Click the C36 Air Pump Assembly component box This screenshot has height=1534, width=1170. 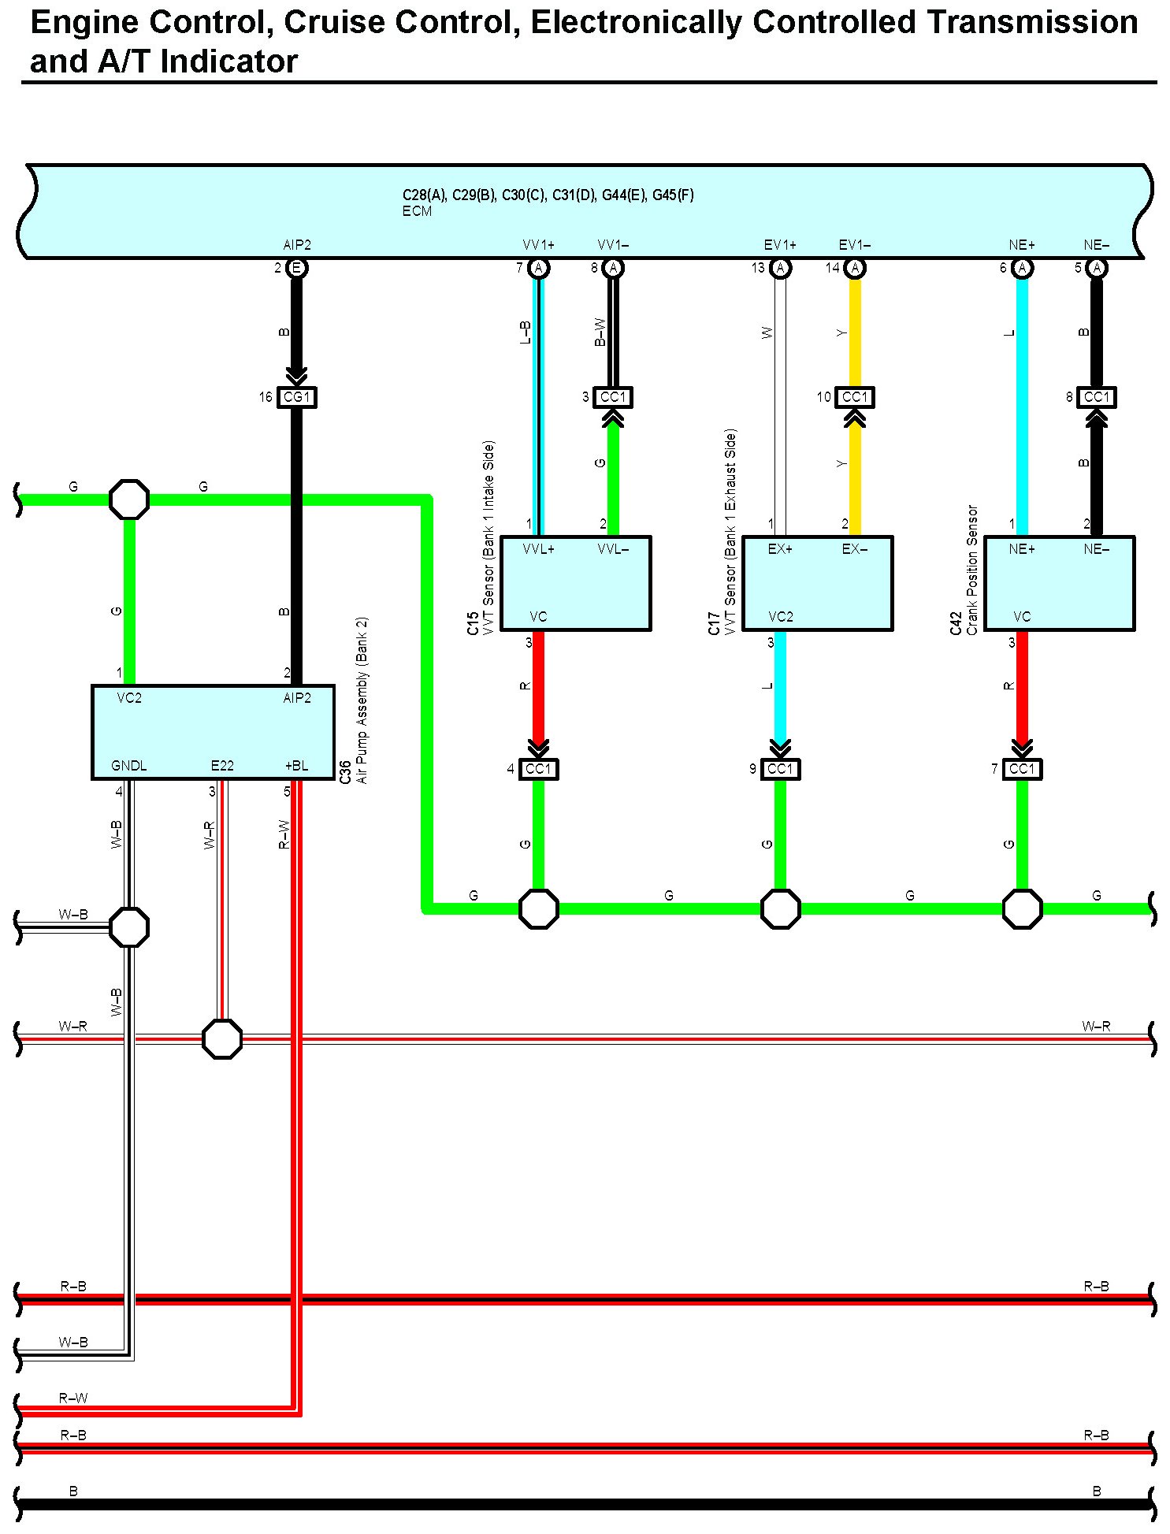[x=213, y=732]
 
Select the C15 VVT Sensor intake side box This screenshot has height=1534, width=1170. [x=575, y=583]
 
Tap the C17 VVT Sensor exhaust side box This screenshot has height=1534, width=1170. [x=817, y=583]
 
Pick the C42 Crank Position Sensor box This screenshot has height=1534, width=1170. [x=1059, y=583]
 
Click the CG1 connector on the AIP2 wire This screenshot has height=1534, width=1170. [x=296, y=397]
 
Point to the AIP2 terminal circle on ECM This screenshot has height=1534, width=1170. [x=296, y=268]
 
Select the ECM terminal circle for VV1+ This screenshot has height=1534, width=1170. [x=538, y=268]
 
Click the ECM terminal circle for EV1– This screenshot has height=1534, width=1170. [x=855, y=268]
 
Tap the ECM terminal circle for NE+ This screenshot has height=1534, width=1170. [x=1022, y=268]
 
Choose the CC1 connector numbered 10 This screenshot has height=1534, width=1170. [x=855, y=397]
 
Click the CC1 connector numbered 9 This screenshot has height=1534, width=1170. [x=780, y=769]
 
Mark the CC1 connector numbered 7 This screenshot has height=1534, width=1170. [x=1022, y=769]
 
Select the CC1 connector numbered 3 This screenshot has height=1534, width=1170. [x=613, y=397]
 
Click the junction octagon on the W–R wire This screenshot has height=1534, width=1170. [x=222, y=1039]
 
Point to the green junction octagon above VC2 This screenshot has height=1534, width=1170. [x=128, y=500]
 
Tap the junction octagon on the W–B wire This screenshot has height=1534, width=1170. [x=128, y=927]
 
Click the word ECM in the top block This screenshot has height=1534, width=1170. [x=417, y=211]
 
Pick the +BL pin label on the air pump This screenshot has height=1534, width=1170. [x=296, y=766]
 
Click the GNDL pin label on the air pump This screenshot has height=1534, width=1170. [x=128, y=766]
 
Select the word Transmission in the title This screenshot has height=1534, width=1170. [x=1031, y=22]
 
